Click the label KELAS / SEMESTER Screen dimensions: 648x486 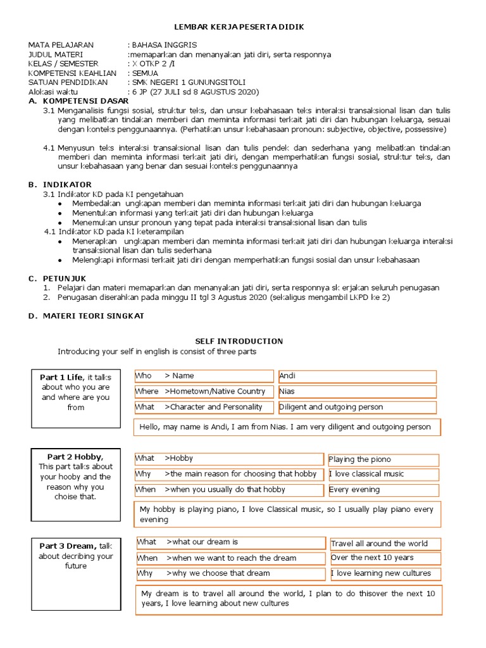tap(63, 64)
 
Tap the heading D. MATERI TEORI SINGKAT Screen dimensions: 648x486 tap(86, 316)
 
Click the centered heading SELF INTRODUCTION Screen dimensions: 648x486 tap(239, 341)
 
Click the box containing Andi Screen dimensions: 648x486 tap(357, 377)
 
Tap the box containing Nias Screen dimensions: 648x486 tap(357, 392)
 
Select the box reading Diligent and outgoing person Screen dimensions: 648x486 tap(357, 408)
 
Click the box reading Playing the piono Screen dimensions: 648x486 tap(383, 459)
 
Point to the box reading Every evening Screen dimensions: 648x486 tap(383, 490)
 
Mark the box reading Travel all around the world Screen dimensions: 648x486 tap(385, 544)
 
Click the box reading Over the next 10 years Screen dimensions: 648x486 tap(385, 558)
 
